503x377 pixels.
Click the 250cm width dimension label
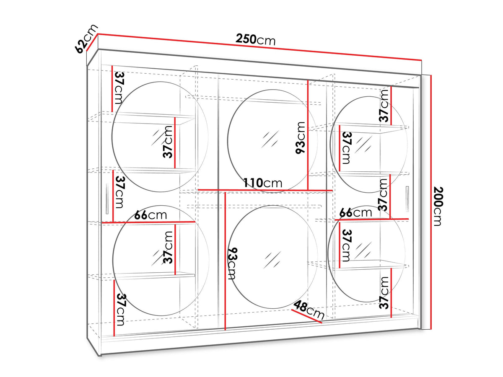click(255, 39)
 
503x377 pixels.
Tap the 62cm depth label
click(86, 39)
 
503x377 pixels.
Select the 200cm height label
click(438, 207)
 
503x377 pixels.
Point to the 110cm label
click(263, 183)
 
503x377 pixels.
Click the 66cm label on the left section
click(150, 215)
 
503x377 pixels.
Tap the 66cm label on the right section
click(355, 213)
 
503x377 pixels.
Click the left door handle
click(107, 198)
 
